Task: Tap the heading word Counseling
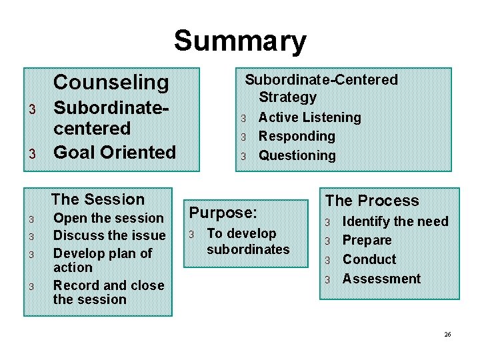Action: pyautogui.click(x=111, y=83)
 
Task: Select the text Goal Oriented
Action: pyautogui.click(x=114, y=152)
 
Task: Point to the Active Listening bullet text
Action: pyautogui.click(x=309, y=117)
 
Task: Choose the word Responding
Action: pyautogui.click(x=297, y=136)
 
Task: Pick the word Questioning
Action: pyautogui.click(x=297, y=155)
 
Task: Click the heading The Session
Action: pyautogui.click(x=97, y=199)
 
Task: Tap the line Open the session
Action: pyautogui.click(x=108, y=218)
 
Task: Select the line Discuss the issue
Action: pyautogui.click(x=109, y=235)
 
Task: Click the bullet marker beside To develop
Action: pyautogui.click(x=191, y=235)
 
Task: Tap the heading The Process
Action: pyautogui.click(x=372, y=201)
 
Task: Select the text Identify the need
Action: pyautogui.click(x=395, y=221)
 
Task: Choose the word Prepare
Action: pyautogui.click(x=367, y=240)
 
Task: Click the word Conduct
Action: pyautogui.click(x=369, y=259)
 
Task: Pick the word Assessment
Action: pyautogui.click(x=381, y=279)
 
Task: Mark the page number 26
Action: pyautogui.click(x=447, y=333)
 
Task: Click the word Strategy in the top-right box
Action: pyautogui.click(x=287, y=97)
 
